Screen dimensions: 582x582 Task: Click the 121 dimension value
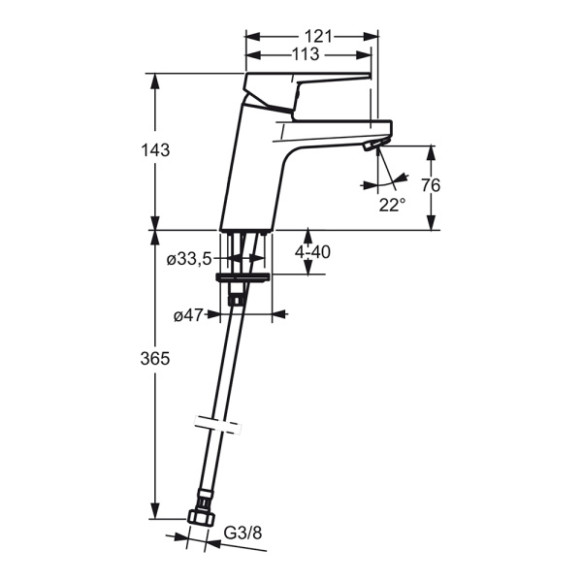(x=318, y=37)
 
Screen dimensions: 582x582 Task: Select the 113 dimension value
(x=306, y=54)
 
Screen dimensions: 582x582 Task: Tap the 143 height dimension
(x=155, y=150)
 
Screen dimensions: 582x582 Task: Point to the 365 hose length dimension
(x=155, y=359)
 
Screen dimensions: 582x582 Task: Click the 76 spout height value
(x=431, y=185)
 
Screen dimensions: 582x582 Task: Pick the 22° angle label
(x=392, y=205)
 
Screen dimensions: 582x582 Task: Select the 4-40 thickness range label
(x=312, y=252)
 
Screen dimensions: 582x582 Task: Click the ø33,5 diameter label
(x=189, y=259)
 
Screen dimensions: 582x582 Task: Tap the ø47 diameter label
(x=188, y=315)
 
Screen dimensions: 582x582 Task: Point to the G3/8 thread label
(x=243, y=533)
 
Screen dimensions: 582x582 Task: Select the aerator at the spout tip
(x=372, y=145)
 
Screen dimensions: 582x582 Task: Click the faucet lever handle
(x=307, y=92)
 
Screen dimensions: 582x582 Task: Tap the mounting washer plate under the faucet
(x=243, y=278)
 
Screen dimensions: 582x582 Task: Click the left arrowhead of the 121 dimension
(x=252, y=37)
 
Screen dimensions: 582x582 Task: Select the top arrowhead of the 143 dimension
(x=155, y=81)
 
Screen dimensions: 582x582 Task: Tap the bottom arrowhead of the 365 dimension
(x=155, y=512)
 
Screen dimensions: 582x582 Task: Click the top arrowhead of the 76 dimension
(x=431, y=152)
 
